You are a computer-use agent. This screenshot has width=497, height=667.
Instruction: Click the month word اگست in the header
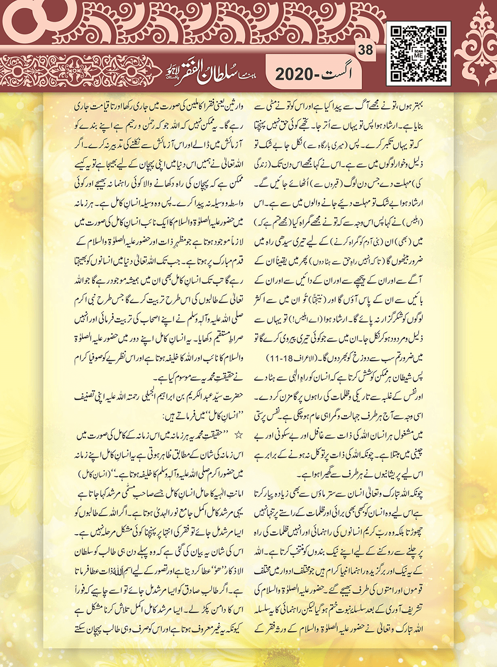tap(339, 74)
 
